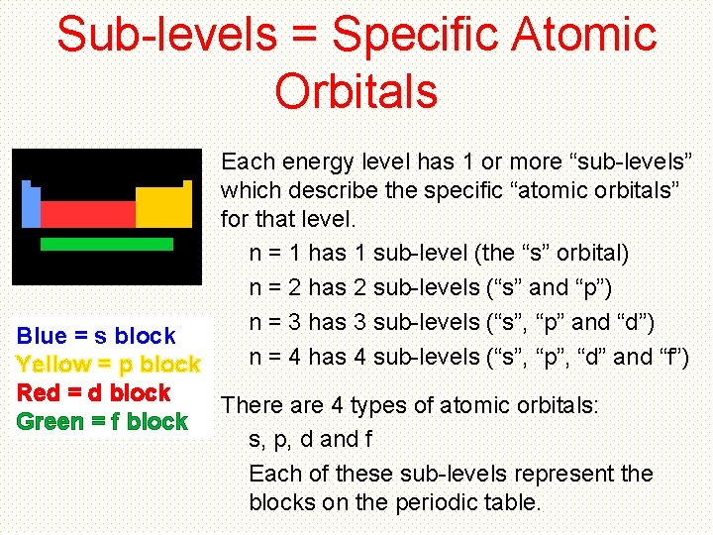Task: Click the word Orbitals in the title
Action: pyautogui.click(x=356, y=91)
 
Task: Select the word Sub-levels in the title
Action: pyautogui.click(x=167, y=35)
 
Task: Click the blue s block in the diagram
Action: pyautogui.click(x=31, y=206)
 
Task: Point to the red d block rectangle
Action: pyautogui.click(x=87, y=214)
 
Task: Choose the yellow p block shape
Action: pyautogui.click(x=163, y=206)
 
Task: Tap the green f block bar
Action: pyautogui.click(x=106, y=244)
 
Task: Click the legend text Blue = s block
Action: pyautogui.click(x=96, y=336)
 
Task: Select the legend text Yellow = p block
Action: pyautogui.click(x=109, y=365)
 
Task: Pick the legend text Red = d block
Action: pyautogui.click(x=94, y=392)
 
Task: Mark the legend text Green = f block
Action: pyautogui.click(x=102, y=421)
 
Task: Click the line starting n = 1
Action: pyautogui.click(x=439, y=254)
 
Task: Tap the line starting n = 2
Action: pyautogui.click(x=431, y=288)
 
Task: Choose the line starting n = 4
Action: pyautogui.click(x=468, y=357)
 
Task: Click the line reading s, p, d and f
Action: pyautogui.click(x=310, y=439)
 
